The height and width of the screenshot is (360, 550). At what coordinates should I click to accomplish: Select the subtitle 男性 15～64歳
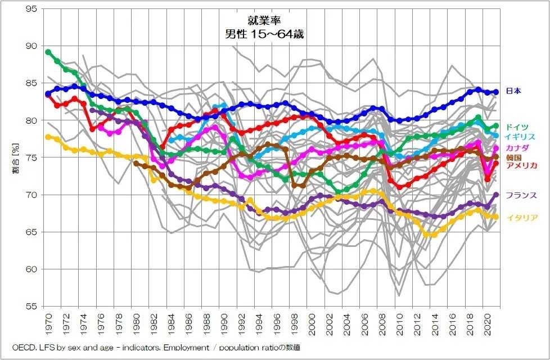point(264,34)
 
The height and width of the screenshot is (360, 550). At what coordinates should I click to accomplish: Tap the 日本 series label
point(513,91)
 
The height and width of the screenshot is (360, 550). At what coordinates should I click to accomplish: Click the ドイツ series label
point(517,127)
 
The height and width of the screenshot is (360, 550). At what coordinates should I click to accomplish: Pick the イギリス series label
point(520,137)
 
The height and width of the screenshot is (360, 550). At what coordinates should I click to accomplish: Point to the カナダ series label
point(517,148)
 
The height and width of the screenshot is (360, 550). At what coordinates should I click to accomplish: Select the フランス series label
point(520,196)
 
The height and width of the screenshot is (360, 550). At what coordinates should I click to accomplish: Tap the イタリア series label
point(520,218)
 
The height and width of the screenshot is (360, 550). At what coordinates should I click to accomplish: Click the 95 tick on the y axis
point(32,9)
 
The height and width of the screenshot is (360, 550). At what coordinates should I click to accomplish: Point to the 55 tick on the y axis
point(32,307)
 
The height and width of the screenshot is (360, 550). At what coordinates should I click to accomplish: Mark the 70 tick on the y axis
point(32,195)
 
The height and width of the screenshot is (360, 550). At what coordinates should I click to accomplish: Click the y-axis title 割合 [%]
point(16,158)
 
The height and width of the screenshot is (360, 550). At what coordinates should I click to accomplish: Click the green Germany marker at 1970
point(48,52)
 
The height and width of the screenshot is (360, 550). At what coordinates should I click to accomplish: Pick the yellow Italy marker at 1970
point(48,137)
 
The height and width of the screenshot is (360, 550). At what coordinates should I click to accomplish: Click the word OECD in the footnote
point(23,348)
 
